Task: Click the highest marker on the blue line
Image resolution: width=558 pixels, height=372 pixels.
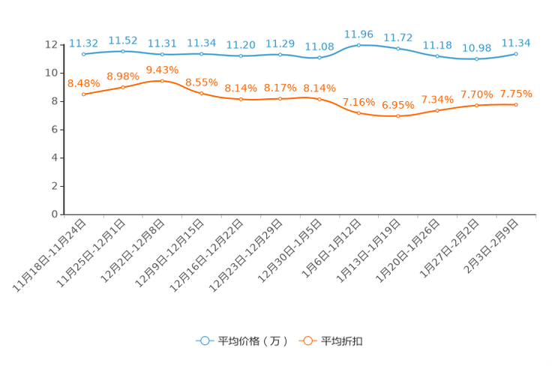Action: pyautogui.click(x=358, y=45)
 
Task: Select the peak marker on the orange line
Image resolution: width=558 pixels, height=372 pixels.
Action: pyautogui.click(x=162, y=80)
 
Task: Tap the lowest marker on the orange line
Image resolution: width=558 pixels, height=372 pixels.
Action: pyautogui.click(x=397, y=116)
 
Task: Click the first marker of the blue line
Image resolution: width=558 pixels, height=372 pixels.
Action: pyautogui.click(x=83, y=54)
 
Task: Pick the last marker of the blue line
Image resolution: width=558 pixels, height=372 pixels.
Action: pyautogui.click(x=517, y=54)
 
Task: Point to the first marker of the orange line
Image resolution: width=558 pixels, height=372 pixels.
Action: pyautogui.click(x=83, y=94)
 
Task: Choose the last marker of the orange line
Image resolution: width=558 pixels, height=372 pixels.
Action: pyautogui.click(x=517, y=105)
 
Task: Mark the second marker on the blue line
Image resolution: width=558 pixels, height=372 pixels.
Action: pyautogui.click(x=123, y=51)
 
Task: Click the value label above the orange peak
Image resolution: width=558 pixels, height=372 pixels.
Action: pyautogui.click(x=162, y=69)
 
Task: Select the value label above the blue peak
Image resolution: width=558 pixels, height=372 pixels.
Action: pyautogui.click(x=358, y=33)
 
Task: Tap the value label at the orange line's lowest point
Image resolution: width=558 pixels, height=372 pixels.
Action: pyautogui.click(x=397, y=105)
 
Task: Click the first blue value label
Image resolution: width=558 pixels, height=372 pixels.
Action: pyautogui.click(x=83, y=43)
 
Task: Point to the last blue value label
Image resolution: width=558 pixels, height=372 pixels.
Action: pyautogui.click(x=517, y=43)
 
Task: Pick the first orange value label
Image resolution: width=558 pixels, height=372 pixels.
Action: pyautogui.click(x=83, y=82)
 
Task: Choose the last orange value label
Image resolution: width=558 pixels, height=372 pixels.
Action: pyautogui.click(x=517, y=94)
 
